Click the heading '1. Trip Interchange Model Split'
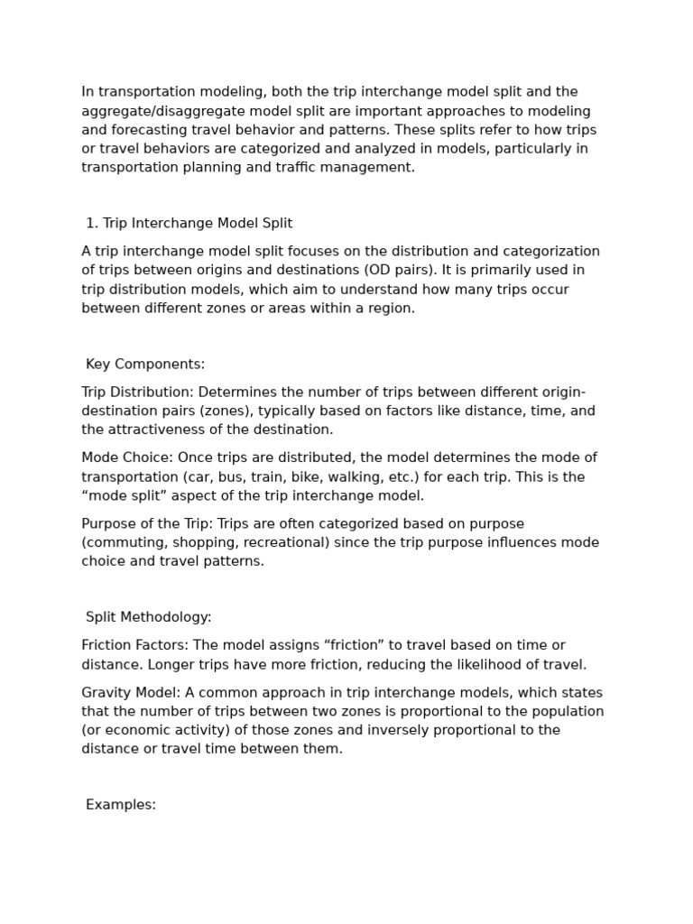(189, 224)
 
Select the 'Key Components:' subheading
(145, 365)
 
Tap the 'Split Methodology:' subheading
(148, 617)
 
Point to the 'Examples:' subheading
(121, 805)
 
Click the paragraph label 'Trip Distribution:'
(137, 393)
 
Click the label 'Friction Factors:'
(134, 646)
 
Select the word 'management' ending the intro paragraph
(373, 168)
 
